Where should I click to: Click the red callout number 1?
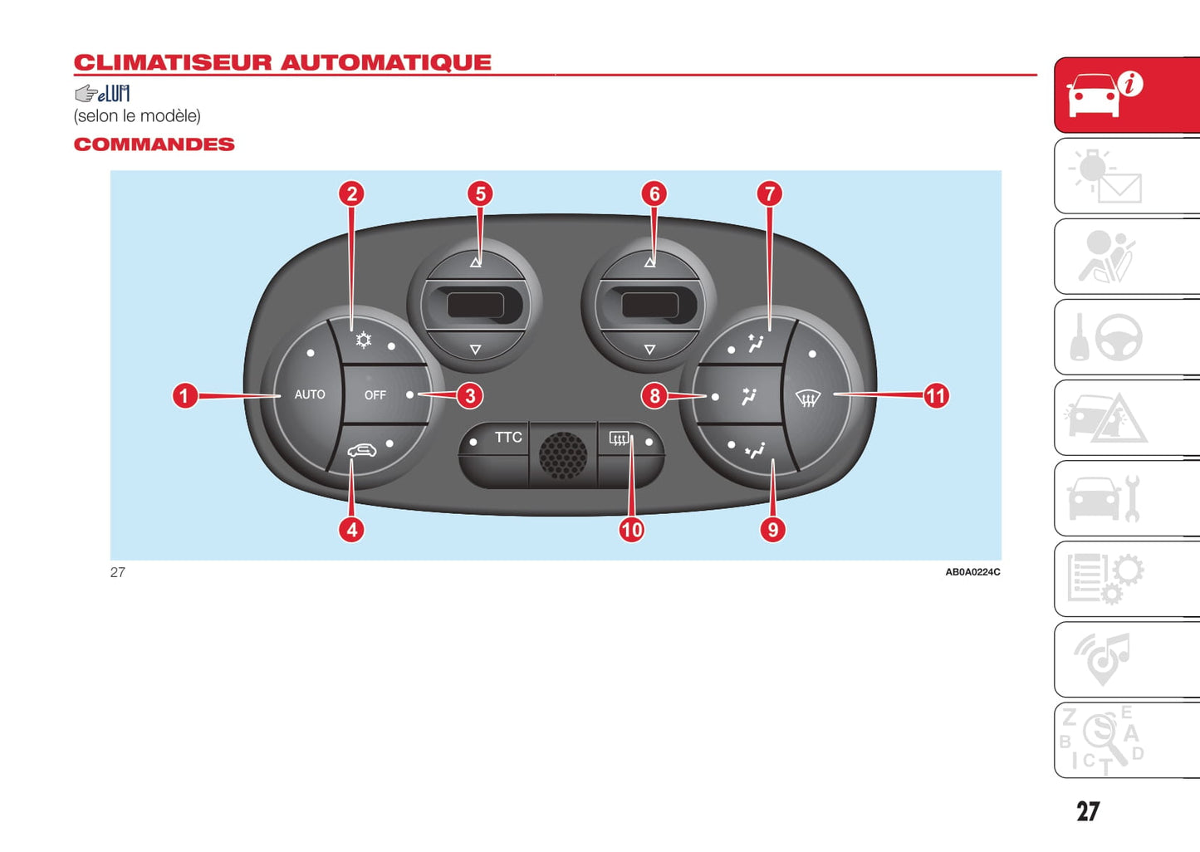point(184,395)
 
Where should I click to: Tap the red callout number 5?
point(480,194)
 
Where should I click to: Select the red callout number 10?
point(631,530)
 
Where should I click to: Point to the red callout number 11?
point(936,396)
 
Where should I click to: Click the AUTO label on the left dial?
point(310,394)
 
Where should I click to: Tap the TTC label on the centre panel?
point(508,437)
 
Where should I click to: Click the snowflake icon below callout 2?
point(364,340)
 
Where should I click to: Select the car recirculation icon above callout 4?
point(361,450)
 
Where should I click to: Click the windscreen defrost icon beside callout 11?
point(808,399)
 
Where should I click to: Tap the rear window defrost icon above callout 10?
point(619,438)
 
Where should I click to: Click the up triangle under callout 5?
point(475,262)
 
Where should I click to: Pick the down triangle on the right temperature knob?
point(649,350)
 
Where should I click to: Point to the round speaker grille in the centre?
point(563,454)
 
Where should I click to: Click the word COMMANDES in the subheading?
point(154,144)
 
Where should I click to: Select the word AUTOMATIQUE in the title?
point(385,63)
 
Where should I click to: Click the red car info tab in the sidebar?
point(1126,95)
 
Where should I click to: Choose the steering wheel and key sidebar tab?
point(1126,337)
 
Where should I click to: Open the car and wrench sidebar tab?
point(1126,498)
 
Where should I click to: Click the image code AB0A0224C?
point(972,572)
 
